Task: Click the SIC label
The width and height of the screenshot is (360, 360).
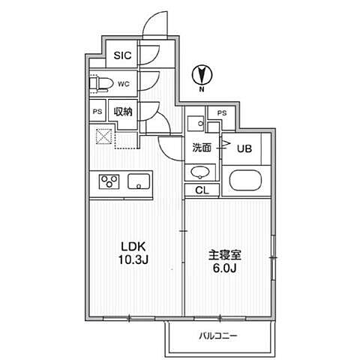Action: point(121,55)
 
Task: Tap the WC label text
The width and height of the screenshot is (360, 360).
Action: point(123,83)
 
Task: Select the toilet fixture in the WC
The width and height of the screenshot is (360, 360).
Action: point(102,83)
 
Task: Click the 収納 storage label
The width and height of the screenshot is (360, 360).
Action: point(123,111)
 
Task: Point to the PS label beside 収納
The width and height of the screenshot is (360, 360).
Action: point(97,111)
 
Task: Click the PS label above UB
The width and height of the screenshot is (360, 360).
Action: point(220,112)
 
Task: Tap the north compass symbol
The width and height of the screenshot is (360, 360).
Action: point(201,74)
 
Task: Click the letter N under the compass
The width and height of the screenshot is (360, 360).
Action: point(201,90)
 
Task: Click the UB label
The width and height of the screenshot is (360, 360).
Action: point(244,148)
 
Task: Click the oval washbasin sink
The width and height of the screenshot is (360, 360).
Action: point(199,172)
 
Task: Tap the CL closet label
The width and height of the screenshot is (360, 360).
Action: point(201,190)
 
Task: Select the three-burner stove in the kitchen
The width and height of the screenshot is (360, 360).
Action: point(108,181)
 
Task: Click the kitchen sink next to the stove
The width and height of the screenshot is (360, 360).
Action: point(139,181)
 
